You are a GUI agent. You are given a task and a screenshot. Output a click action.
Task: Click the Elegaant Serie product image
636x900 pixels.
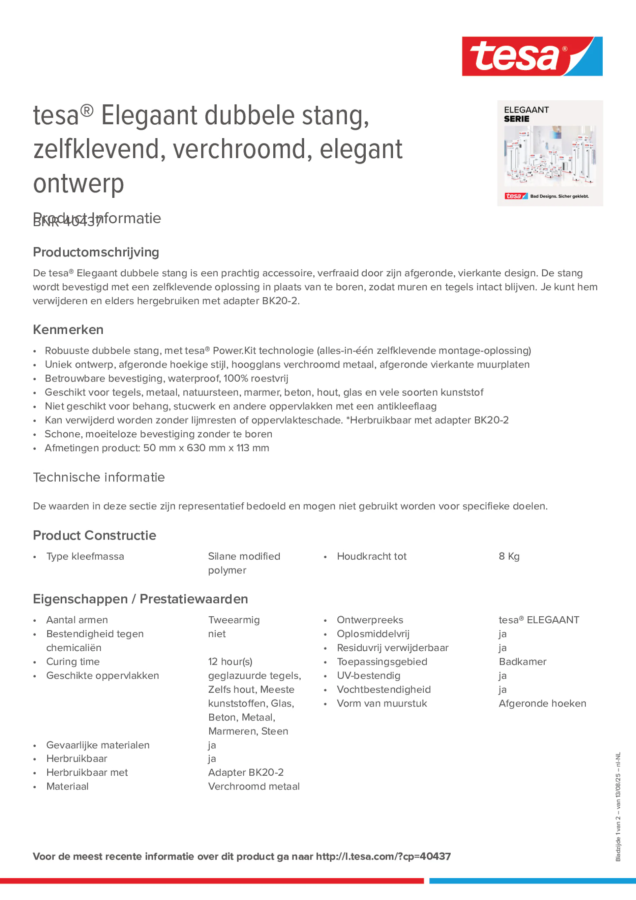(x=550, y=153)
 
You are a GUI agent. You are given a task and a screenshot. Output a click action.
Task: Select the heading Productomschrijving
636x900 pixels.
(x=96, y=252)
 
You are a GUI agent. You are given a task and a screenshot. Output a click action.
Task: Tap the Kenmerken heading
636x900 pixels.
(x=68, y=330)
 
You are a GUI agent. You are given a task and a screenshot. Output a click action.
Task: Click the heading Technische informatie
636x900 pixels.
(x=99, y=477)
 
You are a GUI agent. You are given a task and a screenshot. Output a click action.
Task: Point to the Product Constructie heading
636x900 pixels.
(x=94, y=535)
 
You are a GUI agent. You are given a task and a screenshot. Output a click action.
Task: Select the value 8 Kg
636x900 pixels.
(x=509, y=556)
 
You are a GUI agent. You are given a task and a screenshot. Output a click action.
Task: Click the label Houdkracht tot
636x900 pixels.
(x=371, y=556)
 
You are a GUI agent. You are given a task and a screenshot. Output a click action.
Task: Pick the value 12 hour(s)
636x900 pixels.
(x=230, y=662)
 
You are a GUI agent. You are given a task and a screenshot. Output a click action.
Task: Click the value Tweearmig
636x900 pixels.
(x=234, y=620)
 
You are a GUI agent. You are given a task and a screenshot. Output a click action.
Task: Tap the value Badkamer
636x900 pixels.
(x=522, y=662)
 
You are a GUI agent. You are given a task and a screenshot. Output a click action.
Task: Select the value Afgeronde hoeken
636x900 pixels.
(x=542, y=703)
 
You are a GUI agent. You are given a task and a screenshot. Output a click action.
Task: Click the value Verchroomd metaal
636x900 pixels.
(x=254, y=786)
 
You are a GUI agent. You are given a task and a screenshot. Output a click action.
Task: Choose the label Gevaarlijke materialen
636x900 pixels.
(x=98, y=745)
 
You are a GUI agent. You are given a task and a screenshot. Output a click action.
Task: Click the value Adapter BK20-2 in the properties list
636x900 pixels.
(x=246, y=772)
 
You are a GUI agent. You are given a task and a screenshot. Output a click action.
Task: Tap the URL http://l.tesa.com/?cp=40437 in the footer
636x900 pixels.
(x=383, y=856)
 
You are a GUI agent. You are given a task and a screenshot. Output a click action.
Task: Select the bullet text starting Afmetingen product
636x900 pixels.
(x=157, y=448)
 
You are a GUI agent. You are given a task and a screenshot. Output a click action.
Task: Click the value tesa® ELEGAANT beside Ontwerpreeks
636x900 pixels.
(x=539, y=620)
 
